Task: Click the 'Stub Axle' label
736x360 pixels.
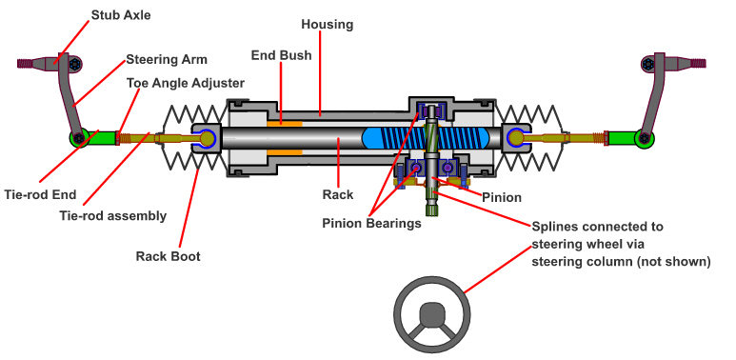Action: (121, 15)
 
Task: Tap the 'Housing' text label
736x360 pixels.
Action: (328, 25)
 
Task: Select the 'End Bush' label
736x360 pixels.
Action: (281, 55)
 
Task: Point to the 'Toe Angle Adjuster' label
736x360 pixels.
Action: (186, 83)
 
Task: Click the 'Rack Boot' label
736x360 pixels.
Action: (168, 256)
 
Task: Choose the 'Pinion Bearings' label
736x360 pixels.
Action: (371, 224)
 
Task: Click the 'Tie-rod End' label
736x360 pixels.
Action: (40, 194)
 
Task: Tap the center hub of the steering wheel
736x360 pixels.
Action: (431, 314)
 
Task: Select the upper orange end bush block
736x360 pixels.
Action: (285, 124)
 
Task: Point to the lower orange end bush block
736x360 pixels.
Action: (285, 152)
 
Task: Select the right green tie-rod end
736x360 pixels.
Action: (630, 137)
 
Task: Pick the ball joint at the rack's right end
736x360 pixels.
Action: (516, 137)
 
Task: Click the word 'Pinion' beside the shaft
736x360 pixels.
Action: (502, 197)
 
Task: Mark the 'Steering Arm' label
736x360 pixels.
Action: (167, 60)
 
